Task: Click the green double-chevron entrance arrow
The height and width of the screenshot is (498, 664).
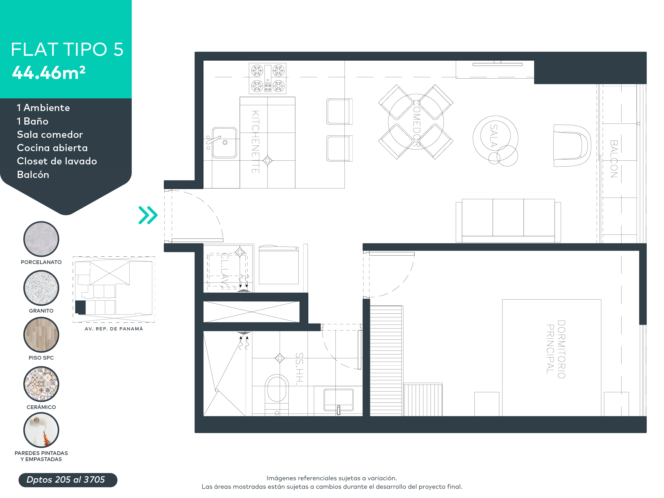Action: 148,215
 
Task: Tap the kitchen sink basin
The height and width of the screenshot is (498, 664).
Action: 224,143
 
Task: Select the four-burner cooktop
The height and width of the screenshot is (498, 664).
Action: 267,78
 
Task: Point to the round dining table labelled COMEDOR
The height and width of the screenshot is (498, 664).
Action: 416,122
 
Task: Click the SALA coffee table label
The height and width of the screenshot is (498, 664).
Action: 494,136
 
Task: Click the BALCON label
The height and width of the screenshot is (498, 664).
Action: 614,159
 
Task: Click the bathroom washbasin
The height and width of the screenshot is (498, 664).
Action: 338,399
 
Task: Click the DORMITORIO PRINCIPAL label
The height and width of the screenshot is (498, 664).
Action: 556,349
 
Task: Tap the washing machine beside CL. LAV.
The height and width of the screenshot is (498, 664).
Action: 279,265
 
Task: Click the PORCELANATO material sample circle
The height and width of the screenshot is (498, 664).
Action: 41,239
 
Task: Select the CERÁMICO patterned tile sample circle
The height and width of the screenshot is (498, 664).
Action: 41,384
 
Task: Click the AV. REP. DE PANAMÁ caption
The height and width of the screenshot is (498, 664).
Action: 114,329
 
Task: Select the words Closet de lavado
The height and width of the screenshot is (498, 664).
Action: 57,161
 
